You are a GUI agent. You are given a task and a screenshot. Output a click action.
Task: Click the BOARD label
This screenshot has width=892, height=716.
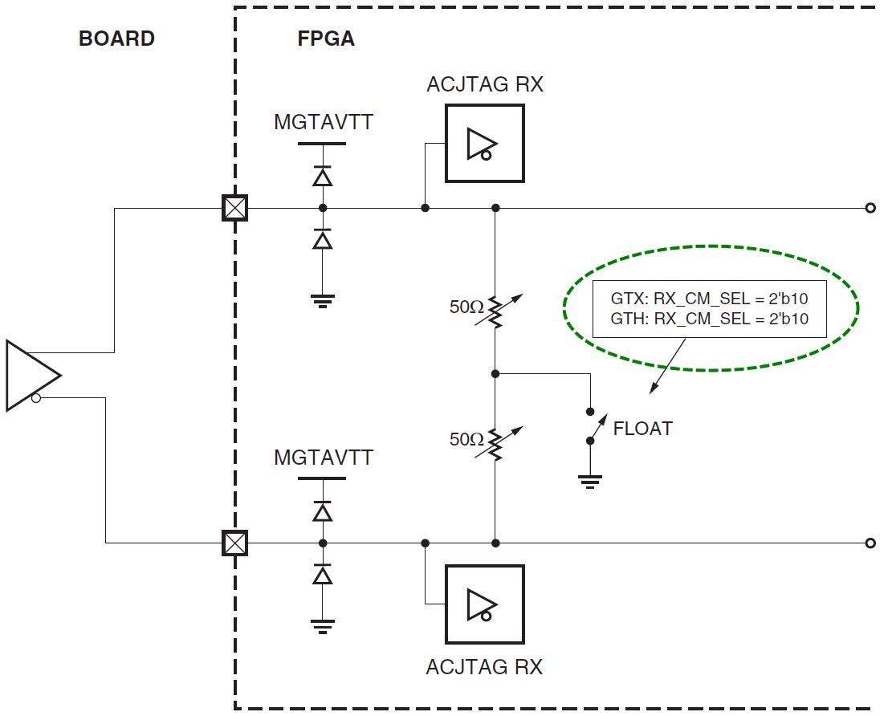pyautogui.click(x=116, y=39)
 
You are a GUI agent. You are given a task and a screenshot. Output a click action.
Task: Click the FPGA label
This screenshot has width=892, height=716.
pyautogui.click(x=326, y=39)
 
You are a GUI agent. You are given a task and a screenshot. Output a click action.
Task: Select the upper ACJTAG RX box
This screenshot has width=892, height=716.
pyautogui.click(x=485, y=144)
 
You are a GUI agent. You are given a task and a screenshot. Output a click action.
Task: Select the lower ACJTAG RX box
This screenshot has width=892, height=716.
pyautogui.click(x=485, y=604)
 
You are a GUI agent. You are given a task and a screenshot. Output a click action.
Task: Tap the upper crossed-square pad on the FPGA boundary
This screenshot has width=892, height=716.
pyautogui.click(x=234, y=209)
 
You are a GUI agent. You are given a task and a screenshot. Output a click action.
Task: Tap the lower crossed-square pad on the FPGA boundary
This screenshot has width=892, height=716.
pyautogui.click(x=234, y=543)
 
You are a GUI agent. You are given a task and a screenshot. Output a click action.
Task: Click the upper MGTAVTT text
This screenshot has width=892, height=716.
pyautogui.click(x=324, y=123)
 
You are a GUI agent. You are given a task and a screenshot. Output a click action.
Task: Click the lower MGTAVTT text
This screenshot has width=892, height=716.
pyautogui.click(x=324, y=458)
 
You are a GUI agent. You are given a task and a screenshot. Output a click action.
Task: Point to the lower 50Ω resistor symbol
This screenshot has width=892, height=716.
pyautogui.click(x=496, y=442)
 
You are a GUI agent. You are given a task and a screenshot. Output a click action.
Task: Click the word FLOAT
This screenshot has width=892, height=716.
pyautogui.click(x=642, y=429)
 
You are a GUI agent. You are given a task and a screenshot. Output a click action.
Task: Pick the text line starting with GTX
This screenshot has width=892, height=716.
pyautogui.click(x=709, y=299)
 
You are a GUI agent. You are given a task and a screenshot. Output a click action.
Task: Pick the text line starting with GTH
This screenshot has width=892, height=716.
pyautogui.click(x=709, y=319)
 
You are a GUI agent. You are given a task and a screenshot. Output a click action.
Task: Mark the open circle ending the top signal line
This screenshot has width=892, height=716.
pyautogui.click(x=870, y=209)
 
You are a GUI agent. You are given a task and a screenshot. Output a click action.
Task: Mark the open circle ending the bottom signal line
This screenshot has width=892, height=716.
pyautogui.click(x=870, y=543)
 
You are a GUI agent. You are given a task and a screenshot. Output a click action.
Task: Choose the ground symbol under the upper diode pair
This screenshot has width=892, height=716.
pyautogui.click(x=322, y=301)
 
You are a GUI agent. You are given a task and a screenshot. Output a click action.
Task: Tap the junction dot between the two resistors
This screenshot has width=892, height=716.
pyautogui.click(x=495, y=373)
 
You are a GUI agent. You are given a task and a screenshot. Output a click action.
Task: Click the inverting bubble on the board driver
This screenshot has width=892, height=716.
pyautogui.click(x=36, y=398)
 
